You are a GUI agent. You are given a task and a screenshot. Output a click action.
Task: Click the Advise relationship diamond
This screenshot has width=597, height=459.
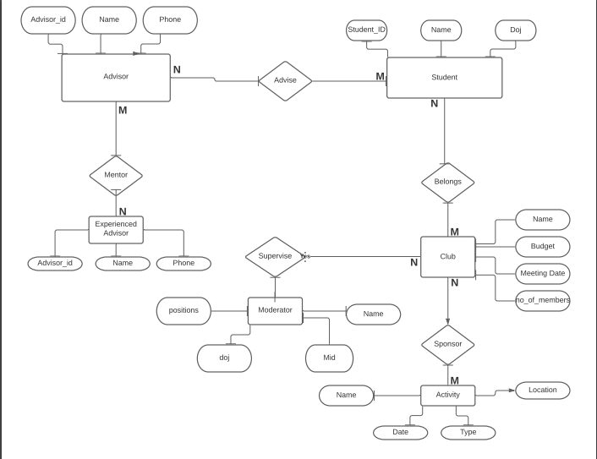pos(285,80)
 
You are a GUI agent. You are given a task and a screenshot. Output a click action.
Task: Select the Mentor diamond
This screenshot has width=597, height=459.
pos(116,175)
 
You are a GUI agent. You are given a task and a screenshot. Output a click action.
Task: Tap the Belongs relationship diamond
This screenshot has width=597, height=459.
pos(447,182)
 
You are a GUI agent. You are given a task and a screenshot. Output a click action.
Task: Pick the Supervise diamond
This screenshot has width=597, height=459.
pos(275,256)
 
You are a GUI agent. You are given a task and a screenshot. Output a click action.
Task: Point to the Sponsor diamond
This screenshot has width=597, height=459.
pos(447,344)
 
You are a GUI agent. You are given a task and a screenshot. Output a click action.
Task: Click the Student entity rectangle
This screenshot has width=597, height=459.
pos(444,78)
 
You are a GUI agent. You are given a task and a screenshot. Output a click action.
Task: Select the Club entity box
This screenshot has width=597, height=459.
pos(447,256)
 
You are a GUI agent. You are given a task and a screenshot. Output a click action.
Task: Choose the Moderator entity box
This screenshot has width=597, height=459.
pos(275,310)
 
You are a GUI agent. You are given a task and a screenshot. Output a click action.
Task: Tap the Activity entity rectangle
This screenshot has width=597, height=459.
pos(447,395)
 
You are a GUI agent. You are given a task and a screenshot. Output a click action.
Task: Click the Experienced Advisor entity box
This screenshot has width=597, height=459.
pos(116,229)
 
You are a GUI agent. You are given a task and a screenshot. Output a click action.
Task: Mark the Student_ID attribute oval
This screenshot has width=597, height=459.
pos(366,30)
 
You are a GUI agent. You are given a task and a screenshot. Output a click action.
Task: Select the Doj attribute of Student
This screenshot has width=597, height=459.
pos(515,30)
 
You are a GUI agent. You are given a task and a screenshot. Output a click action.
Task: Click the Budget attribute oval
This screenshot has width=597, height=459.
pos(542,247)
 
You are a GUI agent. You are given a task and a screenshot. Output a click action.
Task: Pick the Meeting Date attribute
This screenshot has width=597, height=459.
pos(542,273)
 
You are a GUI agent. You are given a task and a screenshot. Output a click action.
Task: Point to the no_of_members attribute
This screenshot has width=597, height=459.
pos(542,300)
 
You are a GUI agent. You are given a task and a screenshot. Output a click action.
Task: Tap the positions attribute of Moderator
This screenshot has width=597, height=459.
pos(183,310)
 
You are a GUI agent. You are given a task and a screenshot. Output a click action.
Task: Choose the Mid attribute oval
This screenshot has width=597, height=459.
pos(329,358)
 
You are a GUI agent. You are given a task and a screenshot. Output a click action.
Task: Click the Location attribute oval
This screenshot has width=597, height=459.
pos(542,390)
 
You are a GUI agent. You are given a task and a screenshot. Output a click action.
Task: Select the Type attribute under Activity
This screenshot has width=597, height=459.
pos(468,432)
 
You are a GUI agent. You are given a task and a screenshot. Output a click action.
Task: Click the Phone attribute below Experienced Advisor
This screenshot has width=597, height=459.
pos(183,263)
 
